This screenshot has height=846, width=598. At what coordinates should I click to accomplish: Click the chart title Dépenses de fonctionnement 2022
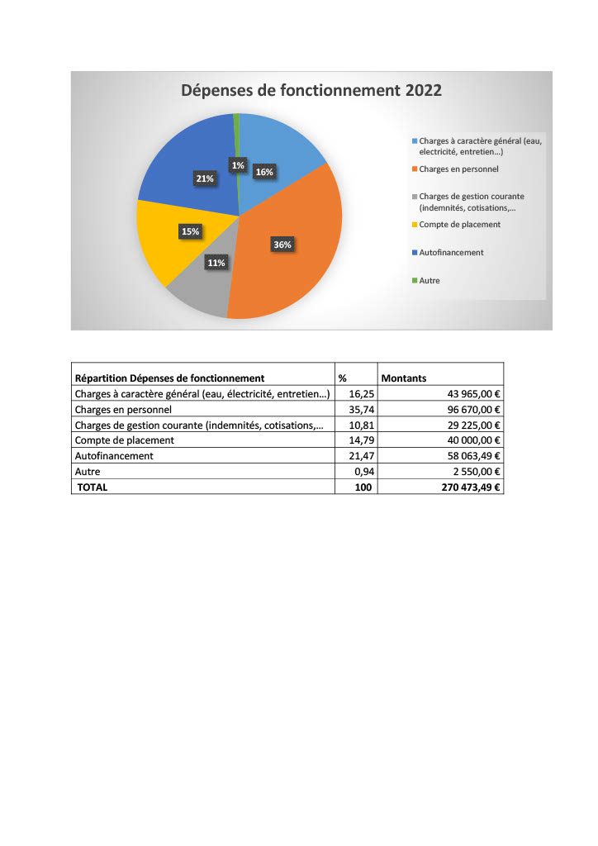[x=311, y=90]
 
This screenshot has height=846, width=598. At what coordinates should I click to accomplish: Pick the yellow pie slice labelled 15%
[x=169, y=248]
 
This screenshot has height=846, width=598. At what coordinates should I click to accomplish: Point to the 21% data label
[x=205, y=178]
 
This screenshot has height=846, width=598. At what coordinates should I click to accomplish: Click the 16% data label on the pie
[x=264, y=173]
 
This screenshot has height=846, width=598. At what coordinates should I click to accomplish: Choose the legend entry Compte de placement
[x=459, y=224]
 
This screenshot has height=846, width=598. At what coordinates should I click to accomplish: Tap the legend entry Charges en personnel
[x=458, y=169]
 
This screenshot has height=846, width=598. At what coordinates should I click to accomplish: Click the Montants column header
[x=403, y=378]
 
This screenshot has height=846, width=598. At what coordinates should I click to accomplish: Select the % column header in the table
[x=342, y=378]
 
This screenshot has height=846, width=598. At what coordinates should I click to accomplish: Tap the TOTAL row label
[x=93, y=487]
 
